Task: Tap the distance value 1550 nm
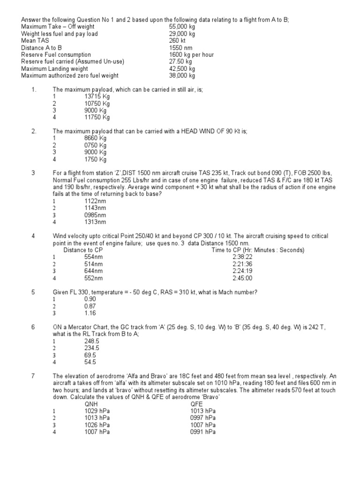tap(180, 48)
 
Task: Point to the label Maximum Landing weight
tap(52, 68)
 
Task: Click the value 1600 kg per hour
tap(191, 55)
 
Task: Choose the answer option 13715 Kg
tap(97, 97)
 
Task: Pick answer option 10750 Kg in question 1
tap(97, 104)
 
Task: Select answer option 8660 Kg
tap(96, 138)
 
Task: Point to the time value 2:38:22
tap(242, 257)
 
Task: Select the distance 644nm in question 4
tap(94, 271)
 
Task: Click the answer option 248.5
tap(92, 341)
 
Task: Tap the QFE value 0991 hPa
tap(203, 432)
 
